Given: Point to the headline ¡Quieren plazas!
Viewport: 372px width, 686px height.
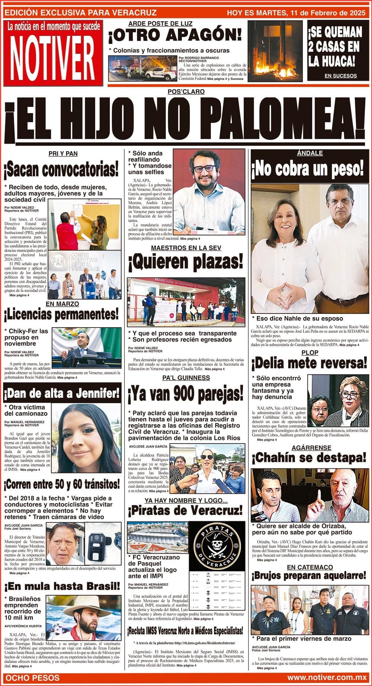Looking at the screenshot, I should (186, 262).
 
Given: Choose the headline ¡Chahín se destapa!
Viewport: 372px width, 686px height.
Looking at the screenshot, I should (310, 458).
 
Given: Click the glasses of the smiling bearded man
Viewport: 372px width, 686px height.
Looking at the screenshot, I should (204, 168).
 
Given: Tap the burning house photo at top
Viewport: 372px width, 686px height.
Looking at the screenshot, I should (275, 51).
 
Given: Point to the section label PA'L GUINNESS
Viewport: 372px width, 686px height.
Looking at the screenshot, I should (186, 378).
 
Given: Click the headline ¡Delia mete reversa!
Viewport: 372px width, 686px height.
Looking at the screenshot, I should (310, 363).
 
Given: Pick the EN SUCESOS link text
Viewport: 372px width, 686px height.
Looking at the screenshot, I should (340, 76).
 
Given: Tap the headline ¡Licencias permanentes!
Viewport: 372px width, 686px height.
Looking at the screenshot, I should (61, 315).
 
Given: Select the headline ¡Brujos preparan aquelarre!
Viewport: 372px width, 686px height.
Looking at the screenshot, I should (310, 576).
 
